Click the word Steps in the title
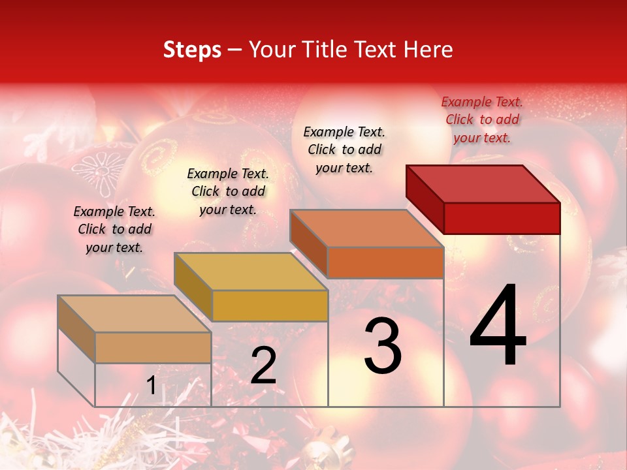pyautogui.click(x=192, y=50)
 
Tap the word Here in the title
pyautogui.click(x=428, y=50)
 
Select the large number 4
pyautogui.click(x=498, y=326)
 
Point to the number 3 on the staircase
pyautogui.click(x=383, y=346)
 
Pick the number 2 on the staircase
pyautogui.click(x=263, y=366)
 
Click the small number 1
pyautogui.click(x=151, y=386)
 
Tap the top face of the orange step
pyautogui.click(x=366, y=228)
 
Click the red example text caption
pyautogui.click(x=482, y=119)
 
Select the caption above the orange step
pyautogui.click(x=344, y=149)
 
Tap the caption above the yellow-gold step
pyautogui.click(x=228, y=191)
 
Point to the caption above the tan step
pyautogui.click(x=114, y=229)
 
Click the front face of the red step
pyautogui.click(x=502, y=218)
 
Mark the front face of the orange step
pyautogui.click(x=385, y=262)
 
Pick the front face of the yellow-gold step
pyautogui.click(x=270, y=305)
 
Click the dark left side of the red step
pyautogui.click(x=425, y=196)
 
